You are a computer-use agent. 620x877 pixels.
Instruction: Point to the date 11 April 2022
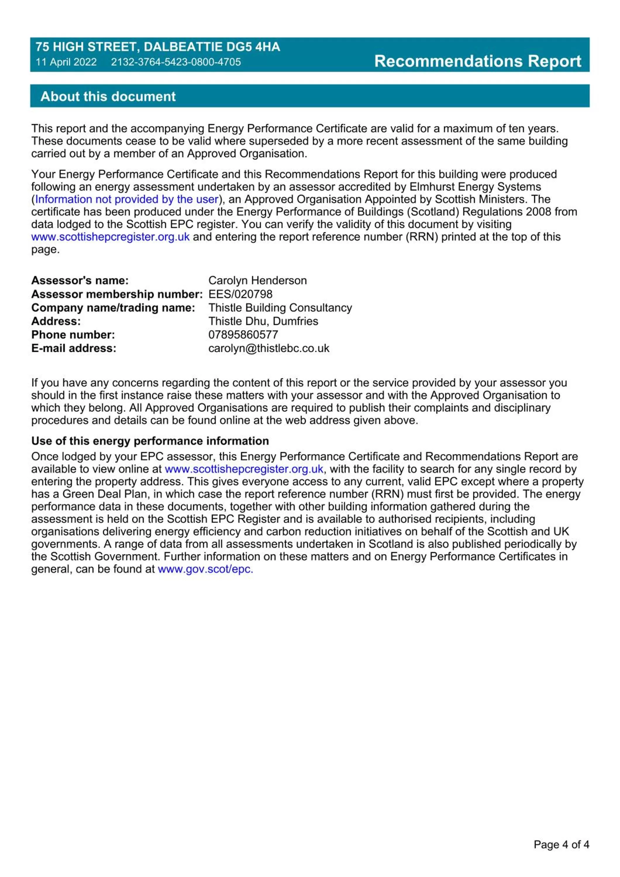coord(66,62)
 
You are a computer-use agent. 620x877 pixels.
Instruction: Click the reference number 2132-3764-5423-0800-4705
coord(176,62)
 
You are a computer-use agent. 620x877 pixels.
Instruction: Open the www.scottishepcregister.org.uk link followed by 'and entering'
coord(110,236)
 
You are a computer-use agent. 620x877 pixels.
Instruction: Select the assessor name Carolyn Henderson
coord(257,280)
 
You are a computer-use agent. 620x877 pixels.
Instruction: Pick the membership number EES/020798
coord(240,294)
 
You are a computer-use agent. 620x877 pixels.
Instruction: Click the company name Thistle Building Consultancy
coord(280,308)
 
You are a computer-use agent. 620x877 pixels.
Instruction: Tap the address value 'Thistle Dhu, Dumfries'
coord(263,321)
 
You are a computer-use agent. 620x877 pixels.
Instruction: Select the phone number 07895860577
coord(243,335)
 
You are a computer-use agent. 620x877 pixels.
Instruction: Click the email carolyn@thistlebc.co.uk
coord(268,348)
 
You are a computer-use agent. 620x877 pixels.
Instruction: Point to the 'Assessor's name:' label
coord(80,280)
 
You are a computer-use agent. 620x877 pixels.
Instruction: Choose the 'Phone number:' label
coord(73,335)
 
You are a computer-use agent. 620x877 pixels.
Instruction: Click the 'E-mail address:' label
coord(74,348)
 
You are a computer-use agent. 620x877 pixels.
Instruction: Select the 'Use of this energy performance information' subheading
coord(150,441)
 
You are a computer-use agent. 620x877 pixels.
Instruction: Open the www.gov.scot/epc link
coord(205,569)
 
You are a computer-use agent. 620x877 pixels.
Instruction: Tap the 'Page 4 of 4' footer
coord(561,844)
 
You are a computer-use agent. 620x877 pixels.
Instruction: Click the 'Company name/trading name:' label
coord(113,308)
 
